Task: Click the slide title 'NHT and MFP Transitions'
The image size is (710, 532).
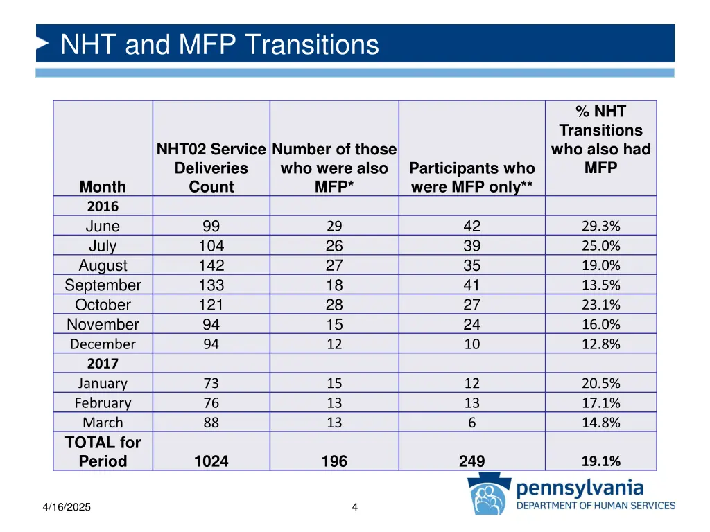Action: (x=220, y=45)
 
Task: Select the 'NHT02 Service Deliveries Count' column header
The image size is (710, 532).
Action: (x=211, y=168)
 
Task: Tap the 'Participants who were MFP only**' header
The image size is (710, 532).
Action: (x=471, y=177)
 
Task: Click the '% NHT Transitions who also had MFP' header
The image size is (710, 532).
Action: (x=600, y=140)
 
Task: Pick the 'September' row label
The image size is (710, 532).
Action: (x=103, y=285)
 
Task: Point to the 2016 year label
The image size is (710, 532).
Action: (x=103, y=206)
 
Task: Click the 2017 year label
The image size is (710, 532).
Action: (x=103, y=364)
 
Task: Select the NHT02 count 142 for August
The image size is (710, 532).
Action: (x=211, y=266)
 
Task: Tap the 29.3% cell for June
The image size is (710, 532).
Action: (x=600, y=226)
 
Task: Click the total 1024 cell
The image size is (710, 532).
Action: (x=211, y=462)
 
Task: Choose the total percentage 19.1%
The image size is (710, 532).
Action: (x=600, y=462)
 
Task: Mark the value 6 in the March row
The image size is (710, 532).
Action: (x=471, y=423)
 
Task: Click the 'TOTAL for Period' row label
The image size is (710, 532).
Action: (x=103, y=452)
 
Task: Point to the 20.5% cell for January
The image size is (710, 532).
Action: (x=600, y=384)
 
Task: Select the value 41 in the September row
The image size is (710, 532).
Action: (x=471, y=285)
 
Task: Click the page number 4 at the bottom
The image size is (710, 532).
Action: (x=354, y=508)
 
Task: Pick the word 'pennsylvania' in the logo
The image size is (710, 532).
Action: (x=580, y=488)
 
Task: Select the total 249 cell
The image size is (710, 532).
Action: (x=471, y=462)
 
